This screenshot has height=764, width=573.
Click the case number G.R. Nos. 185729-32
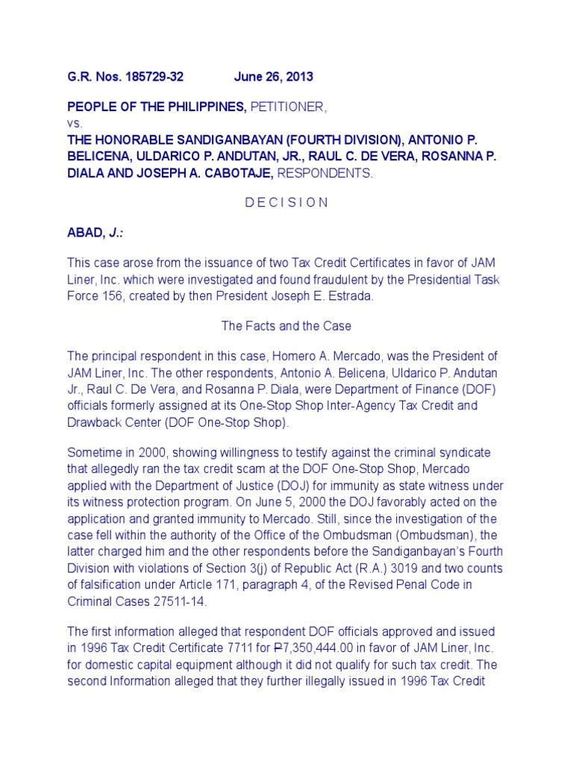coord(125,77)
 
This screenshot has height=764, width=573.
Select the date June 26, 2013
coord(274,77)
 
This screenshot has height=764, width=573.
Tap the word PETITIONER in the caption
coord(289,107)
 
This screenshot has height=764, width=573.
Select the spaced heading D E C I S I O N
coord(286,203)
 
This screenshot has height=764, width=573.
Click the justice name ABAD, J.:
coord(95,233)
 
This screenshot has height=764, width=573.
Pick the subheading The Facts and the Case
coord(286,326)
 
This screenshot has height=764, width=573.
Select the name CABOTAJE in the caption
coord(234,173)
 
